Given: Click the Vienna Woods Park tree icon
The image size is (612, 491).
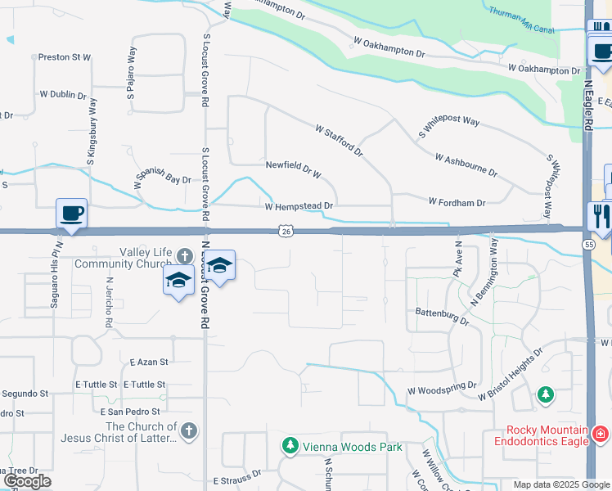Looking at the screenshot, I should pos(290,446).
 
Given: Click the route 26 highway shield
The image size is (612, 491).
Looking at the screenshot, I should pos(285,232).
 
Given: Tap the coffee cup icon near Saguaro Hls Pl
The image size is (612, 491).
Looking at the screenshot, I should pos(71,214).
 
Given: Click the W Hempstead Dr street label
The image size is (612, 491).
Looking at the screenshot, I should pos(299,206).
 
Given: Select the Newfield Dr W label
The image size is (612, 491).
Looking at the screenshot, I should pos(294,164).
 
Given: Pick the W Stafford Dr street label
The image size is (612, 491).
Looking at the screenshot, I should pos(339,140).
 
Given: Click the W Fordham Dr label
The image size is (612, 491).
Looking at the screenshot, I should pos(457,201).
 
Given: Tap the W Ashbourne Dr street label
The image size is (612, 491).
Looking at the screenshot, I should pos(466,164).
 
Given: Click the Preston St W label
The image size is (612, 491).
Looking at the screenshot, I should pos(65,57).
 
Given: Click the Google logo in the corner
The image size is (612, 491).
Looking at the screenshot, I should pos(27,482).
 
